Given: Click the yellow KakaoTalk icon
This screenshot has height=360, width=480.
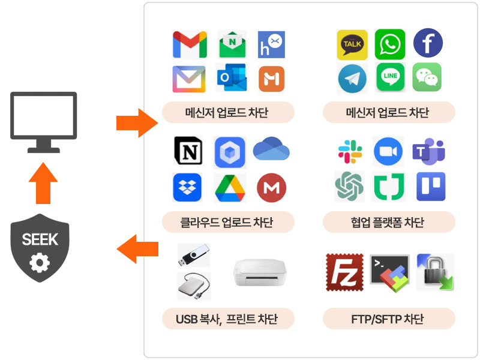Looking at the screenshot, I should [352, 45].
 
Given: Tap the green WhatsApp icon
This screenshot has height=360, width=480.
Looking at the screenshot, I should [390, 45].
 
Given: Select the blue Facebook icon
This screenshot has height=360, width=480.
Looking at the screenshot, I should [428, 44].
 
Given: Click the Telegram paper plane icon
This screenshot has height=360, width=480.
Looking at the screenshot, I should [352, 79].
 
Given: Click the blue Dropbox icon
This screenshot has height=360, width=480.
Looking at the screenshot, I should [188, 187].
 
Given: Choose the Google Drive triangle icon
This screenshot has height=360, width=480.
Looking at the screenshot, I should [230, 188].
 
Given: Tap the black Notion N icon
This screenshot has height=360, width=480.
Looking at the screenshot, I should [188, 151].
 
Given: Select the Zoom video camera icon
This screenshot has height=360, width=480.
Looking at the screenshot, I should [388, 151].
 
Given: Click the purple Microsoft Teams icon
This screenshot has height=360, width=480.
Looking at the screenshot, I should [428, 151].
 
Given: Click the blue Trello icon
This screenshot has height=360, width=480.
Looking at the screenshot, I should [431, 187].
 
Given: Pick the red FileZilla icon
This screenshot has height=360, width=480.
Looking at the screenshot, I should [344, 272].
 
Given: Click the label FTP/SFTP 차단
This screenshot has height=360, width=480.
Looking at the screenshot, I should [388, 319].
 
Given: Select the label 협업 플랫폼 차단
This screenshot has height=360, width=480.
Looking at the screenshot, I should [388, 223].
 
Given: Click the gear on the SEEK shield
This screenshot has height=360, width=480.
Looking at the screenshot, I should [40, 262].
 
